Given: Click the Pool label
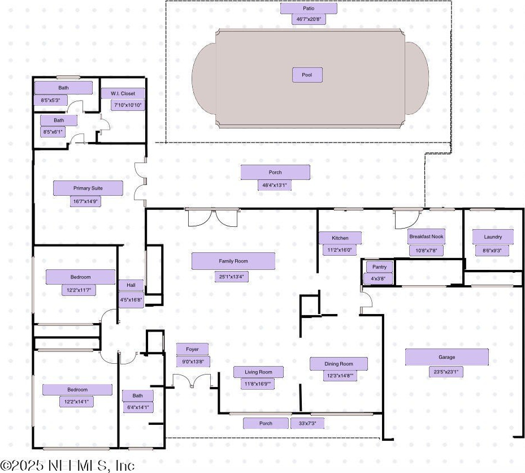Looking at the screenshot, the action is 307,75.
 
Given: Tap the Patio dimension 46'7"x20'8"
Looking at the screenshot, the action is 308,19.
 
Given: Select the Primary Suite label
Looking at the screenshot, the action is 88,188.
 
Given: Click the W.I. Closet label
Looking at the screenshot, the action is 123,93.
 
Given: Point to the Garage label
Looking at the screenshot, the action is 446,357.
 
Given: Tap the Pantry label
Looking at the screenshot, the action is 379,267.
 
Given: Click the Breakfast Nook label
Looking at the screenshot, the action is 426,236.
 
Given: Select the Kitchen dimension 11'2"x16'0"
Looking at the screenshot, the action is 340,250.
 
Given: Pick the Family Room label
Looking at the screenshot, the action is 233,261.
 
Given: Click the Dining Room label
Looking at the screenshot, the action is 339,364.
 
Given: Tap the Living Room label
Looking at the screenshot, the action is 258,372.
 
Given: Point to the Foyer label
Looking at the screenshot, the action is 192,349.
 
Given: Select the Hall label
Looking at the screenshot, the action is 131,285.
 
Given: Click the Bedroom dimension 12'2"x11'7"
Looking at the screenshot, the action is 76,290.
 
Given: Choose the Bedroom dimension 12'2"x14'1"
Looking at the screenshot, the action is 77,402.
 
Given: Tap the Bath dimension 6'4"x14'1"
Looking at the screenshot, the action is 138,407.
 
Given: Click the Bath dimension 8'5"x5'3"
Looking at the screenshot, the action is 50,100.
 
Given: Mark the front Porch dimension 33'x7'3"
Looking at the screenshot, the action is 307,423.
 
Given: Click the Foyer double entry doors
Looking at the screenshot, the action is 192,381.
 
